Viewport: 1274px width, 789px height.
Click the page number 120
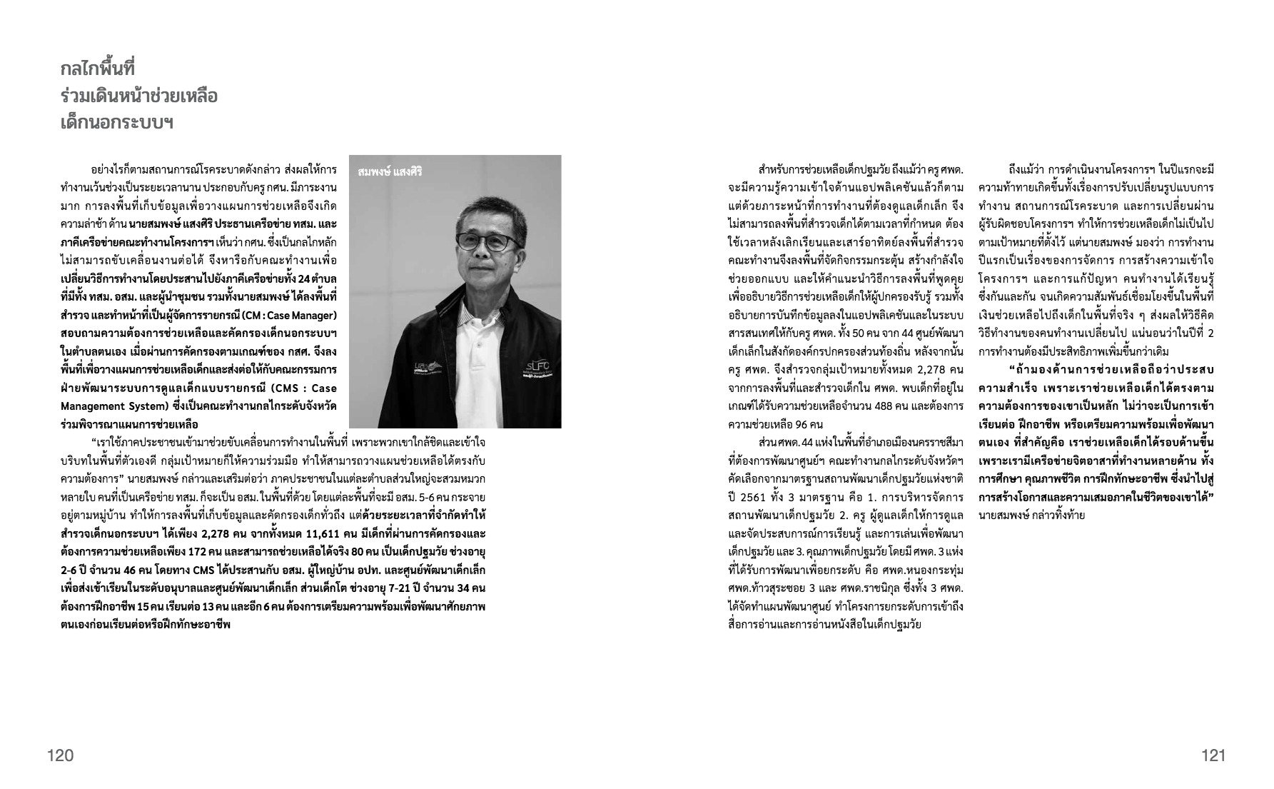tap(60, 755)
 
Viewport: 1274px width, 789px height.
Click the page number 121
tap(1213, 755)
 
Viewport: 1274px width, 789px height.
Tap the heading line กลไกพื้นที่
tap(98, 69)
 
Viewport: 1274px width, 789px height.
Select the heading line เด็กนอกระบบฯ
tap(118, 122)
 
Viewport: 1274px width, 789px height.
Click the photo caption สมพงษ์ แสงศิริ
tap(390, 171)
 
